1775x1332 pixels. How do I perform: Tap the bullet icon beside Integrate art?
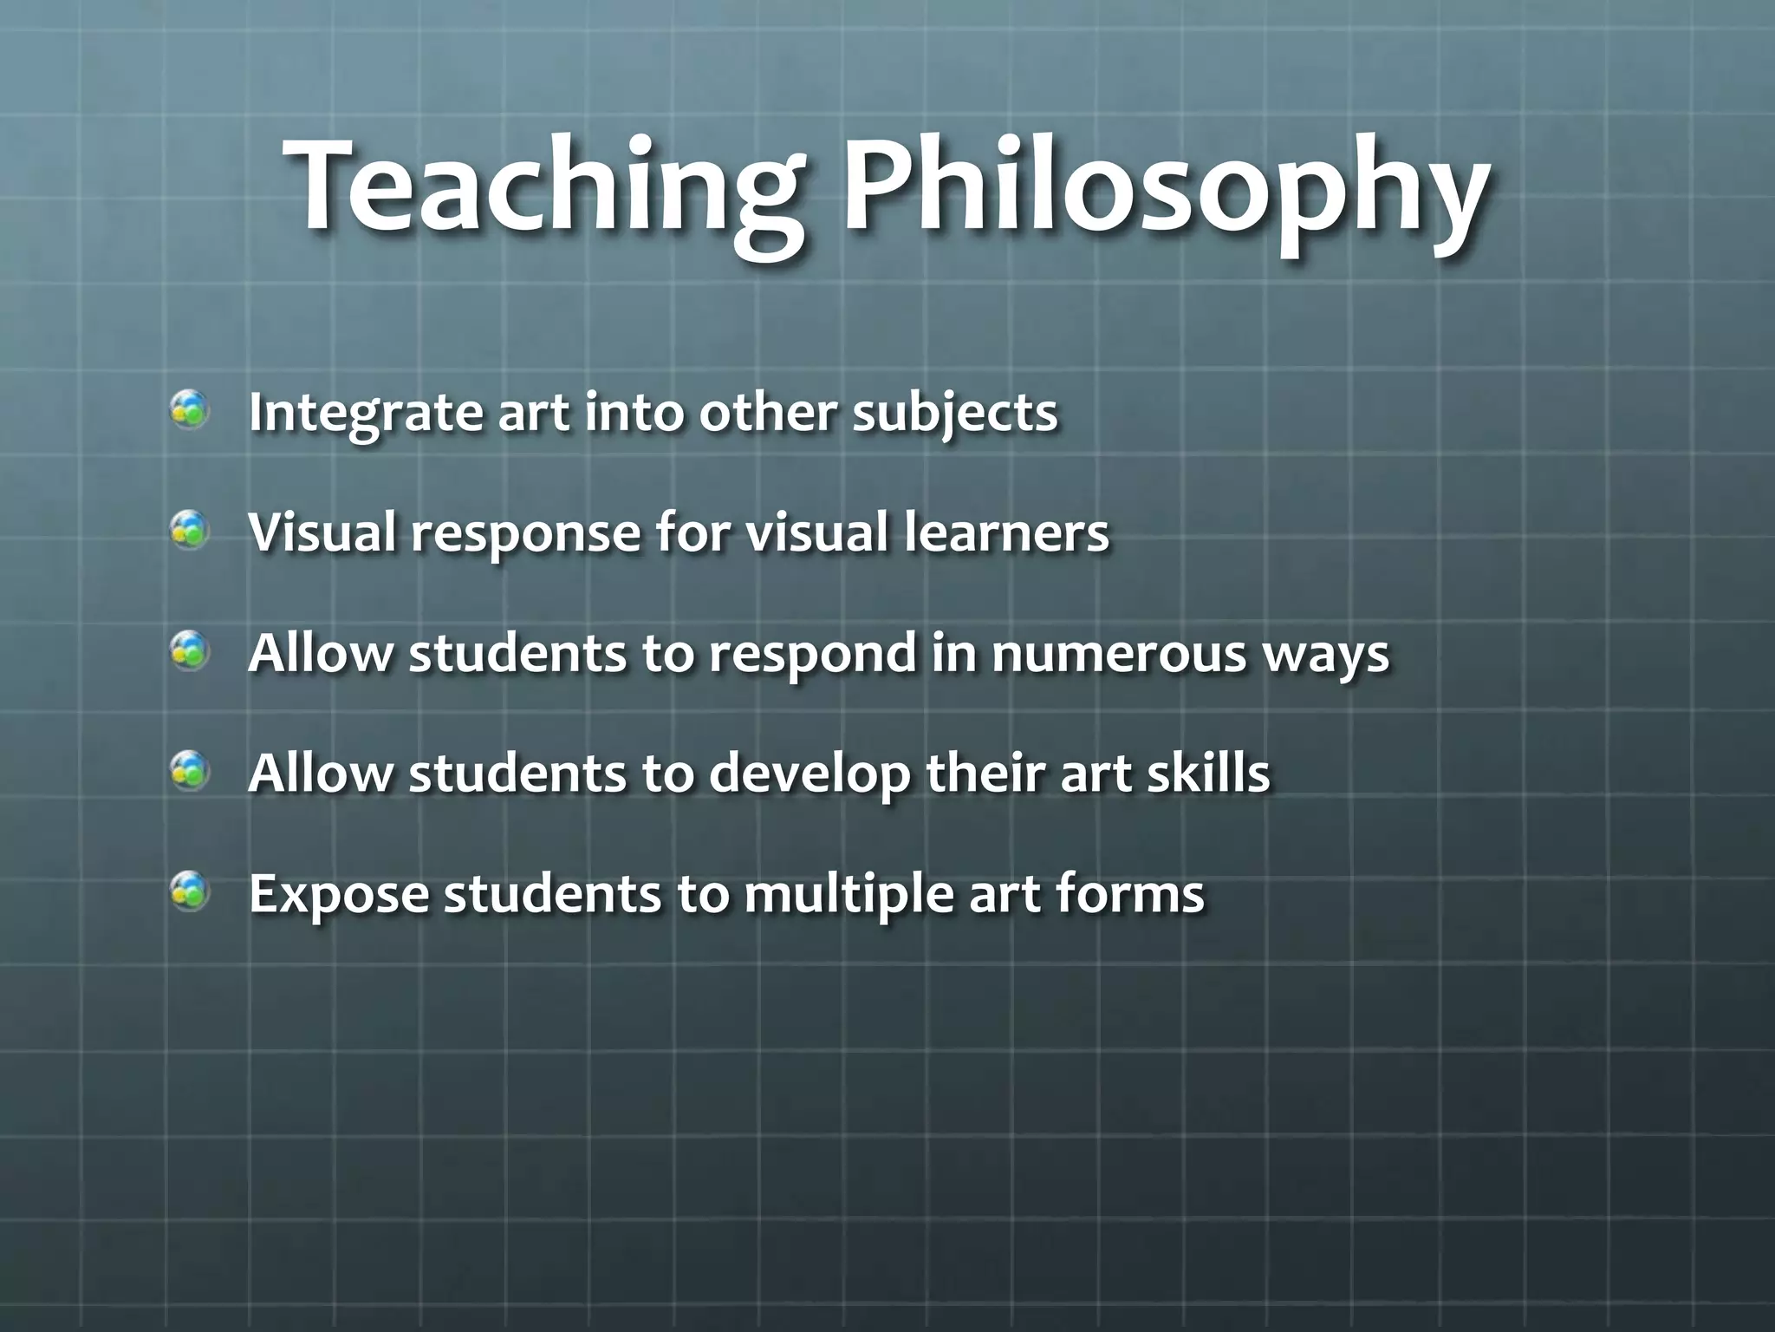click(189, 410)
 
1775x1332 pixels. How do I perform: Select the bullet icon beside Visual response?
click(189, 530)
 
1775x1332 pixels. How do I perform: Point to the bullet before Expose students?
click(189, 891)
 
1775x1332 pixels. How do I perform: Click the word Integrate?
click(365, 413)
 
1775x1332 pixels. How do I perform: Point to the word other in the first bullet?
click(768, 412)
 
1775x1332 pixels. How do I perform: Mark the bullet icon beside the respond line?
click(189, 650)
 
